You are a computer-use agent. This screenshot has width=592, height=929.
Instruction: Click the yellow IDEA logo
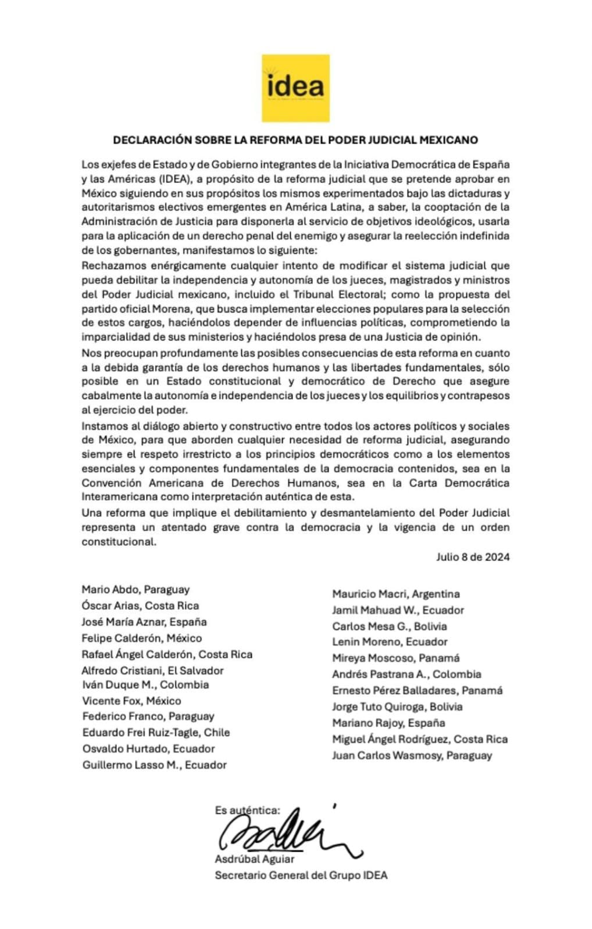[295, 88]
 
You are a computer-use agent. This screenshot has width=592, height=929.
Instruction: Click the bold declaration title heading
[295, 140]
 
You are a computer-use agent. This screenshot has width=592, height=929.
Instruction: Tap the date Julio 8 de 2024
[473, 557]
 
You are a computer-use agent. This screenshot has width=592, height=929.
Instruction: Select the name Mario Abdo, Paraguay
[135, 589]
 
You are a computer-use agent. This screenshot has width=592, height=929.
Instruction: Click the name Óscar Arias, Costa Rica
[140, 605]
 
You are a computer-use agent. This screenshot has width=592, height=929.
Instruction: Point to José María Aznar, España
[144, 622]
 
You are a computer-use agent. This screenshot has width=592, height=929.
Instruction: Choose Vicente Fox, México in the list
[131, 701]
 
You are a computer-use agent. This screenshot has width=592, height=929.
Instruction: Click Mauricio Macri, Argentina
[396, 594]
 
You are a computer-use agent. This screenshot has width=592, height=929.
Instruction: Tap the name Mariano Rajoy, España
[388, 723]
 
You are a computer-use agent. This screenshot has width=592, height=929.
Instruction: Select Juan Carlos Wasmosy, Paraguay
[412, 755]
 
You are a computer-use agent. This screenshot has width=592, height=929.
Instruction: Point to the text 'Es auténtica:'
[247, 810]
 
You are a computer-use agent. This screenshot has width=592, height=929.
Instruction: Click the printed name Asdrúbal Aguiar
[255, 859]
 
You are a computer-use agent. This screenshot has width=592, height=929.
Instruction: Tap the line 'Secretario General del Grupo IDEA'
[301, 875]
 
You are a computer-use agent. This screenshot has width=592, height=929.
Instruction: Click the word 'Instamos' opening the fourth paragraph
[103, 426]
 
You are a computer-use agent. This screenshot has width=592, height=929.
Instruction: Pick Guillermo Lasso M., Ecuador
[154, 765]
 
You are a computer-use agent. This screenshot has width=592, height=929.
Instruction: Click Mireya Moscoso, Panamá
[396, 658]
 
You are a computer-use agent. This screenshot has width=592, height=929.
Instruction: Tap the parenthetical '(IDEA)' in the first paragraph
[173, 179]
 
